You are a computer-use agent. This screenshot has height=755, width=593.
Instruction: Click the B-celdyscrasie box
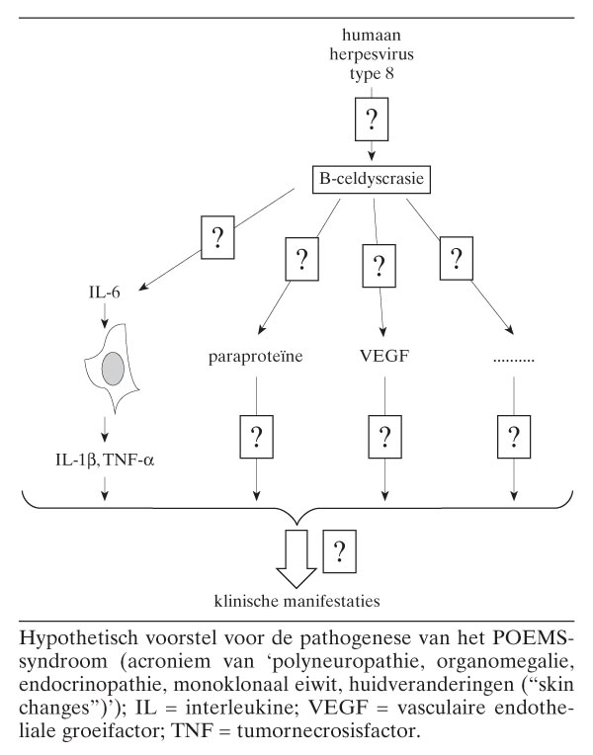(372, 180)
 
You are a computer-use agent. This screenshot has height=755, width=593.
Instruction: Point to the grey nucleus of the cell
(115, 369)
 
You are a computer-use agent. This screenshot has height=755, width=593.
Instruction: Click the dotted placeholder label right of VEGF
(513, 358)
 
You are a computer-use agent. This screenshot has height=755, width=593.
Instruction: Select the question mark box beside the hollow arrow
(340, 551)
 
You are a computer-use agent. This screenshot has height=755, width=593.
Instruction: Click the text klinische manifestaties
(296, 599)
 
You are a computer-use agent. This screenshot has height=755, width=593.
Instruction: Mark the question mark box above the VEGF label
(376, 267)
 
